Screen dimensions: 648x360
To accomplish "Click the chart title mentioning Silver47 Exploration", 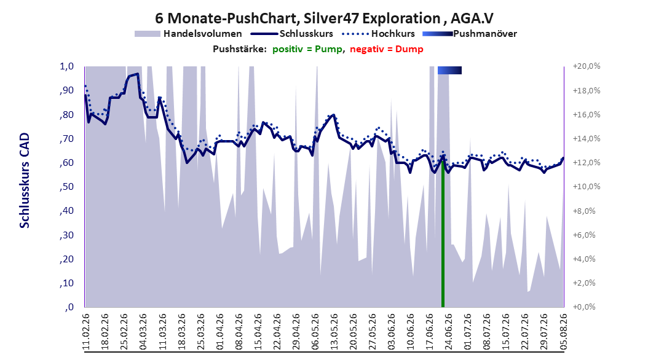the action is coord(324,18).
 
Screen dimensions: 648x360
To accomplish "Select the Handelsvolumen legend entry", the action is coord(189,34).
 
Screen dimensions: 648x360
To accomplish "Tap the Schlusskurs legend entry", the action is coord(292,34).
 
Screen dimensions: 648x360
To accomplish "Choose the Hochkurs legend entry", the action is coord(379,34).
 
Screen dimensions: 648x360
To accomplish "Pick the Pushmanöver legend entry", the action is coord(470,34).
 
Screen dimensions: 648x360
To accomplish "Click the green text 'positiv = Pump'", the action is coord(307,49).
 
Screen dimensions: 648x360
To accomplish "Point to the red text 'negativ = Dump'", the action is coord(387,49).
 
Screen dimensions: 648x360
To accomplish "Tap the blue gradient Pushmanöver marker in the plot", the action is coord(449,70).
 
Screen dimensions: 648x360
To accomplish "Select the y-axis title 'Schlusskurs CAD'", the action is coord(25,181).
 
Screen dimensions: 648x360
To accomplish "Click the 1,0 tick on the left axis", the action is coord(66,66).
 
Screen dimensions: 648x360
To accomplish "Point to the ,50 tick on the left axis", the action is coord(66,187).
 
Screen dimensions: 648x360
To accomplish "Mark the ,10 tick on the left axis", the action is coord(66,283).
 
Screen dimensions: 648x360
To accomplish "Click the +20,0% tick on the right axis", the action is coord(587,66).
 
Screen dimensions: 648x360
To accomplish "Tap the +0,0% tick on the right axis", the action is coord(585,307).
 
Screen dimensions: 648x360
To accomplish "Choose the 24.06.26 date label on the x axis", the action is coord(448,332).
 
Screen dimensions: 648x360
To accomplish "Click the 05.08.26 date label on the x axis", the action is coord(563,332).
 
